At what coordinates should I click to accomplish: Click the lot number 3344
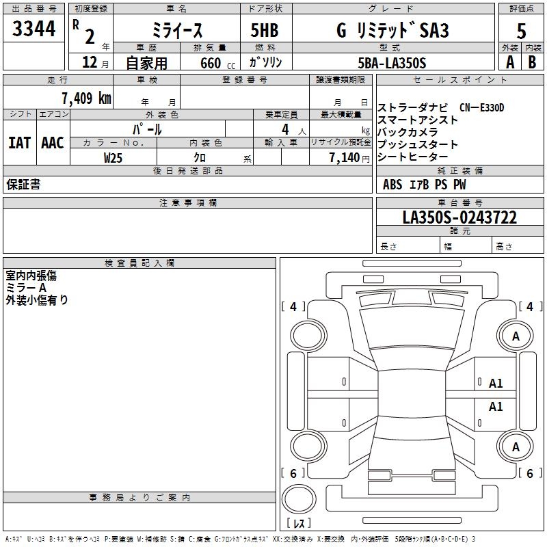pyautogui.click(x=34, y=29)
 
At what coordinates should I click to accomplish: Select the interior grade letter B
pyautogui.click(x=532, y=62)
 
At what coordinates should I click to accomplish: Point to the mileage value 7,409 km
pyautogui.click(x=85, y=98)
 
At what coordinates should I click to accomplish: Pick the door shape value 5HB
pyautogui.click(x=265, y=31)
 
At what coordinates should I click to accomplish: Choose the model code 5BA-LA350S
pyautogui.click(x=392, y=63)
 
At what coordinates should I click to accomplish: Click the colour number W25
pyautogui.click(x=114, y=157)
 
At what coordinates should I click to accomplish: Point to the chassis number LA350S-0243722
pyautogui.click(x=459, y=217)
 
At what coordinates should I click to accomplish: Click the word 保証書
pyautogui.click(x=23, y=185)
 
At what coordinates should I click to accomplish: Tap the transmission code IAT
pyautogui.click(x=19, y=143)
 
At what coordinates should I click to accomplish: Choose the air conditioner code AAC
pyautogui.click(x=53, y=143)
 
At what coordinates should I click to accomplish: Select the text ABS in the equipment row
pyautogui.click(x=392, y=185)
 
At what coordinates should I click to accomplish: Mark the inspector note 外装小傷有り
pyautogui.click(x=37, y=299)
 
